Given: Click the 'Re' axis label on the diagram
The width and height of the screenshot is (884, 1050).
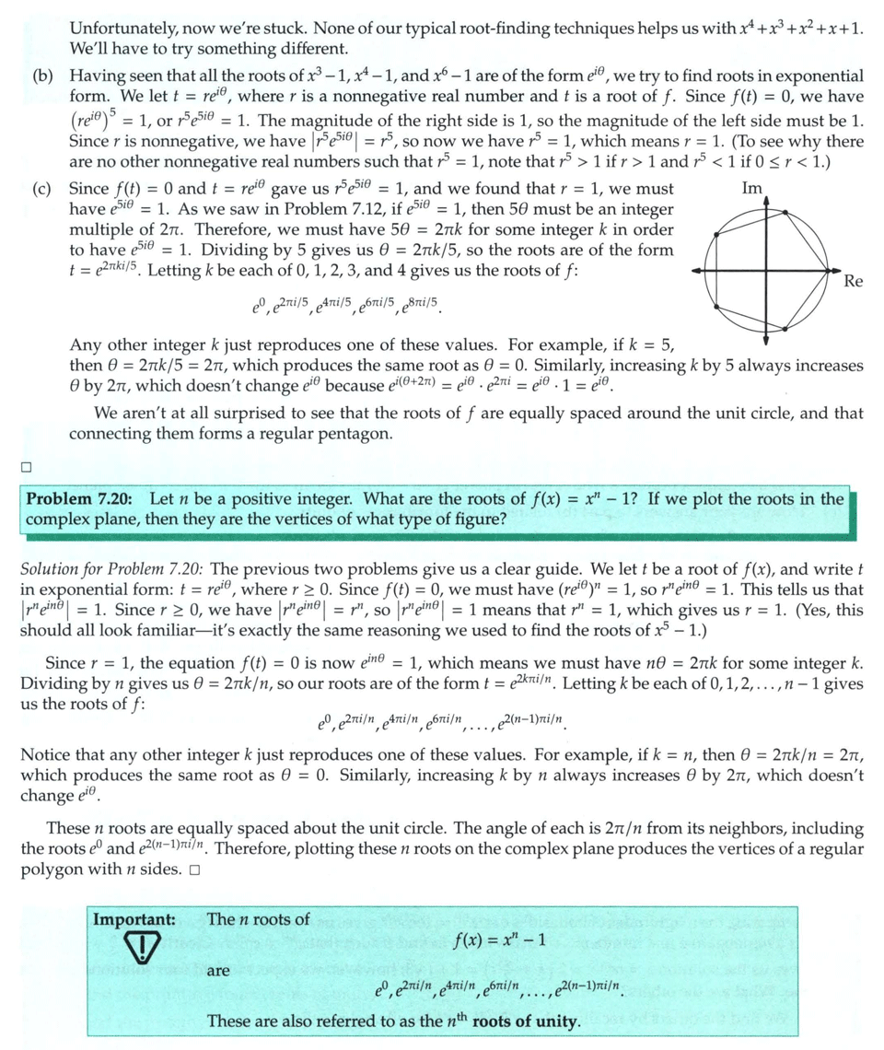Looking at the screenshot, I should pos(853,282).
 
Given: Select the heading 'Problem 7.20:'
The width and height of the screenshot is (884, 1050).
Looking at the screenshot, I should pos(79,500).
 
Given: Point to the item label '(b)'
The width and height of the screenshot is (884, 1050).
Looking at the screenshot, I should pos(41,75).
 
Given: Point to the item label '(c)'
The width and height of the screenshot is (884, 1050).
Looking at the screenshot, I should pos(41,190).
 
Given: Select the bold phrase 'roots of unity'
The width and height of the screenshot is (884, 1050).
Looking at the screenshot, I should pos(525,1021).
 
